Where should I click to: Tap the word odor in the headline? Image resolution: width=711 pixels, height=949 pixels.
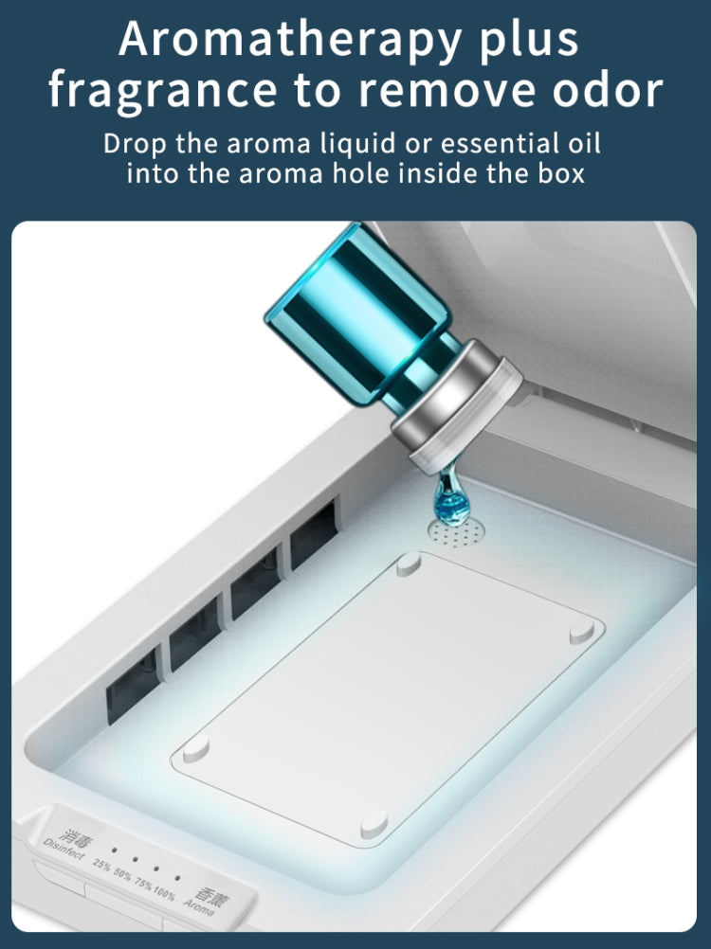point(608,90)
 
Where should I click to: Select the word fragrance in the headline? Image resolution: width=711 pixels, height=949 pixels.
point(163,92)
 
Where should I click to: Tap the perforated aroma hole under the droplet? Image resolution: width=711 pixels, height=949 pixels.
point(457,532)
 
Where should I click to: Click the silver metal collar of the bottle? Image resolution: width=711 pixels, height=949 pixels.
point(457,405)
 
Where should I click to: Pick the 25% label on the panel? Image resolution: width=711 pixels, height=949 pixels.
point(101,866)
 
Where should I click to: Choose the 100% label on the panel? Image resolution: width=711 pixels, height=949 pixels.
point(163,892)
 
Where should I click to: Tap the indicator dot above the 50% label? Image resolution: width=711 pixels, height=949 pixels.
point(135,859)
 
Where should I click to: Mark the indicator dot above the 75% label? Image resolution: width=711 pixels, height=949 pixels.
point(156,868)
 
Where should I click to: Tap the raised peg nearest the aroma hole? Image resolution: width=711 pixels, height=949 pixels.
point(409,564)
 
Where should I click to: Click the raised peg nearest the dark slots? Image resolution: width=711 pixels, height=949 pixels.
point(195,749)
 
